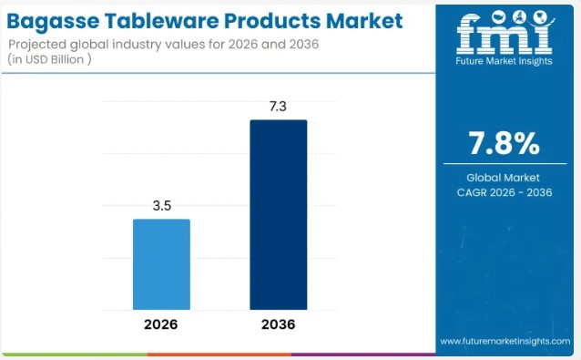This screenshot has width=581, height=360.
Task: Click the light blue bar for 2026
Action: pyautogui.click(x=161, y=264)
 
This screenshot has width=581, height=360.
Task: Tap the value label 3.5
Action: pyautogui.click(x=162, y=206)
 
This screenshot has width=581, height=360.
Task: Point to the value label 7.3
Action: pyautogui.click(x=279, y=107)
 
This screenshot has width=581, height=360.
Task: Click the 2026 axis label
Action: pyautogui.click(x=161, y=324)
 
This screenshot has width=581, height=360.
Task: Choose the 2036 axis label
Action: pyautogui.click(x=279, y=324)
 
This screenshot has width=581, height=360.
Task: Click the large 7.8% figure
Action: pyautogui.click(x=504, y=144)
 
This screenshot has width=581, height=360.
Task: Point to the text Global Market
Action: pyautogui.click(x=504, y=177)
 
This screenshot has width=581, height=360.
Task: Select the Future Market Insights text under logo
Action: pyautogui.click(x=504, y=62)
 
